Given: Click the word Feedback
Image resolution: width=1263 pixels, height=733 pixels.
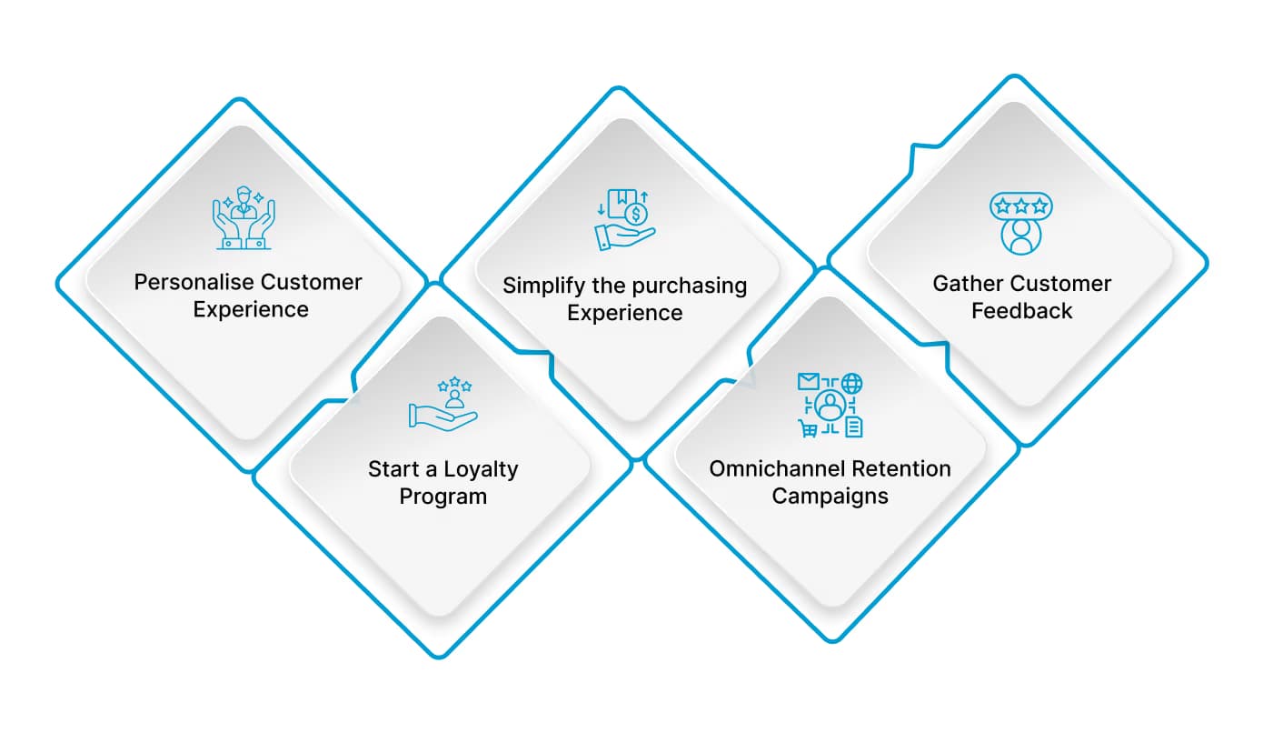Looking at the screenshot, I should [1021, 311].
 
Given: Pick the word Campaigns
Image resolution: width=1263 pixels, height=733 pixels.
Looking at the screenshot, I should [830, 497].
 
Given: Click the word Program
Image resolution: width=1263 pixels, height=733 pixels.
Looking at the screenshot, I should [443, 497].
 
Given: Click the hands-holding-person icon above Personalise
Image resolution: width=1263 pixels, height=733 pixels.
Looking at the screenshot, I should [243, 218].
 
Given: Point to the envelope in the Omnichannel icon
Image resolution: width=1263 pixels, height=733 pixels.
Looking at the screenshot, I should [808, 382].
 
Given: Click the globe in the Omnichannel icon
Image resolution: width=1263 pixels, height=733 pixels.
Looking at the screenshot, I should [852, 383].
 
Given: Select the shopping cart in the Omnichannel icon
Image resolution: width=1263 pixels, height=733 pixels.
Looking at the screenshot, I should [807, 427].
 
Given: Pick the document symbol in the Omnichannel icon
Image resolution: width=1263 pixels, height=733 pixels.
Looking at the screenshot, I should [853, 427].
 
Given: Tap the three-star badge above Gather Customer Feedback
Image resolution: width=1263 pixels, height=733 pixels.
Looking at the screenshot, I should [1020, 206].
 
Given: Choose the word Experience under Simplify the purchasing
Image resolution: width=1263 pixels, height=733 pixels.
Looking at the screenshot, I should [624, 313].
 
